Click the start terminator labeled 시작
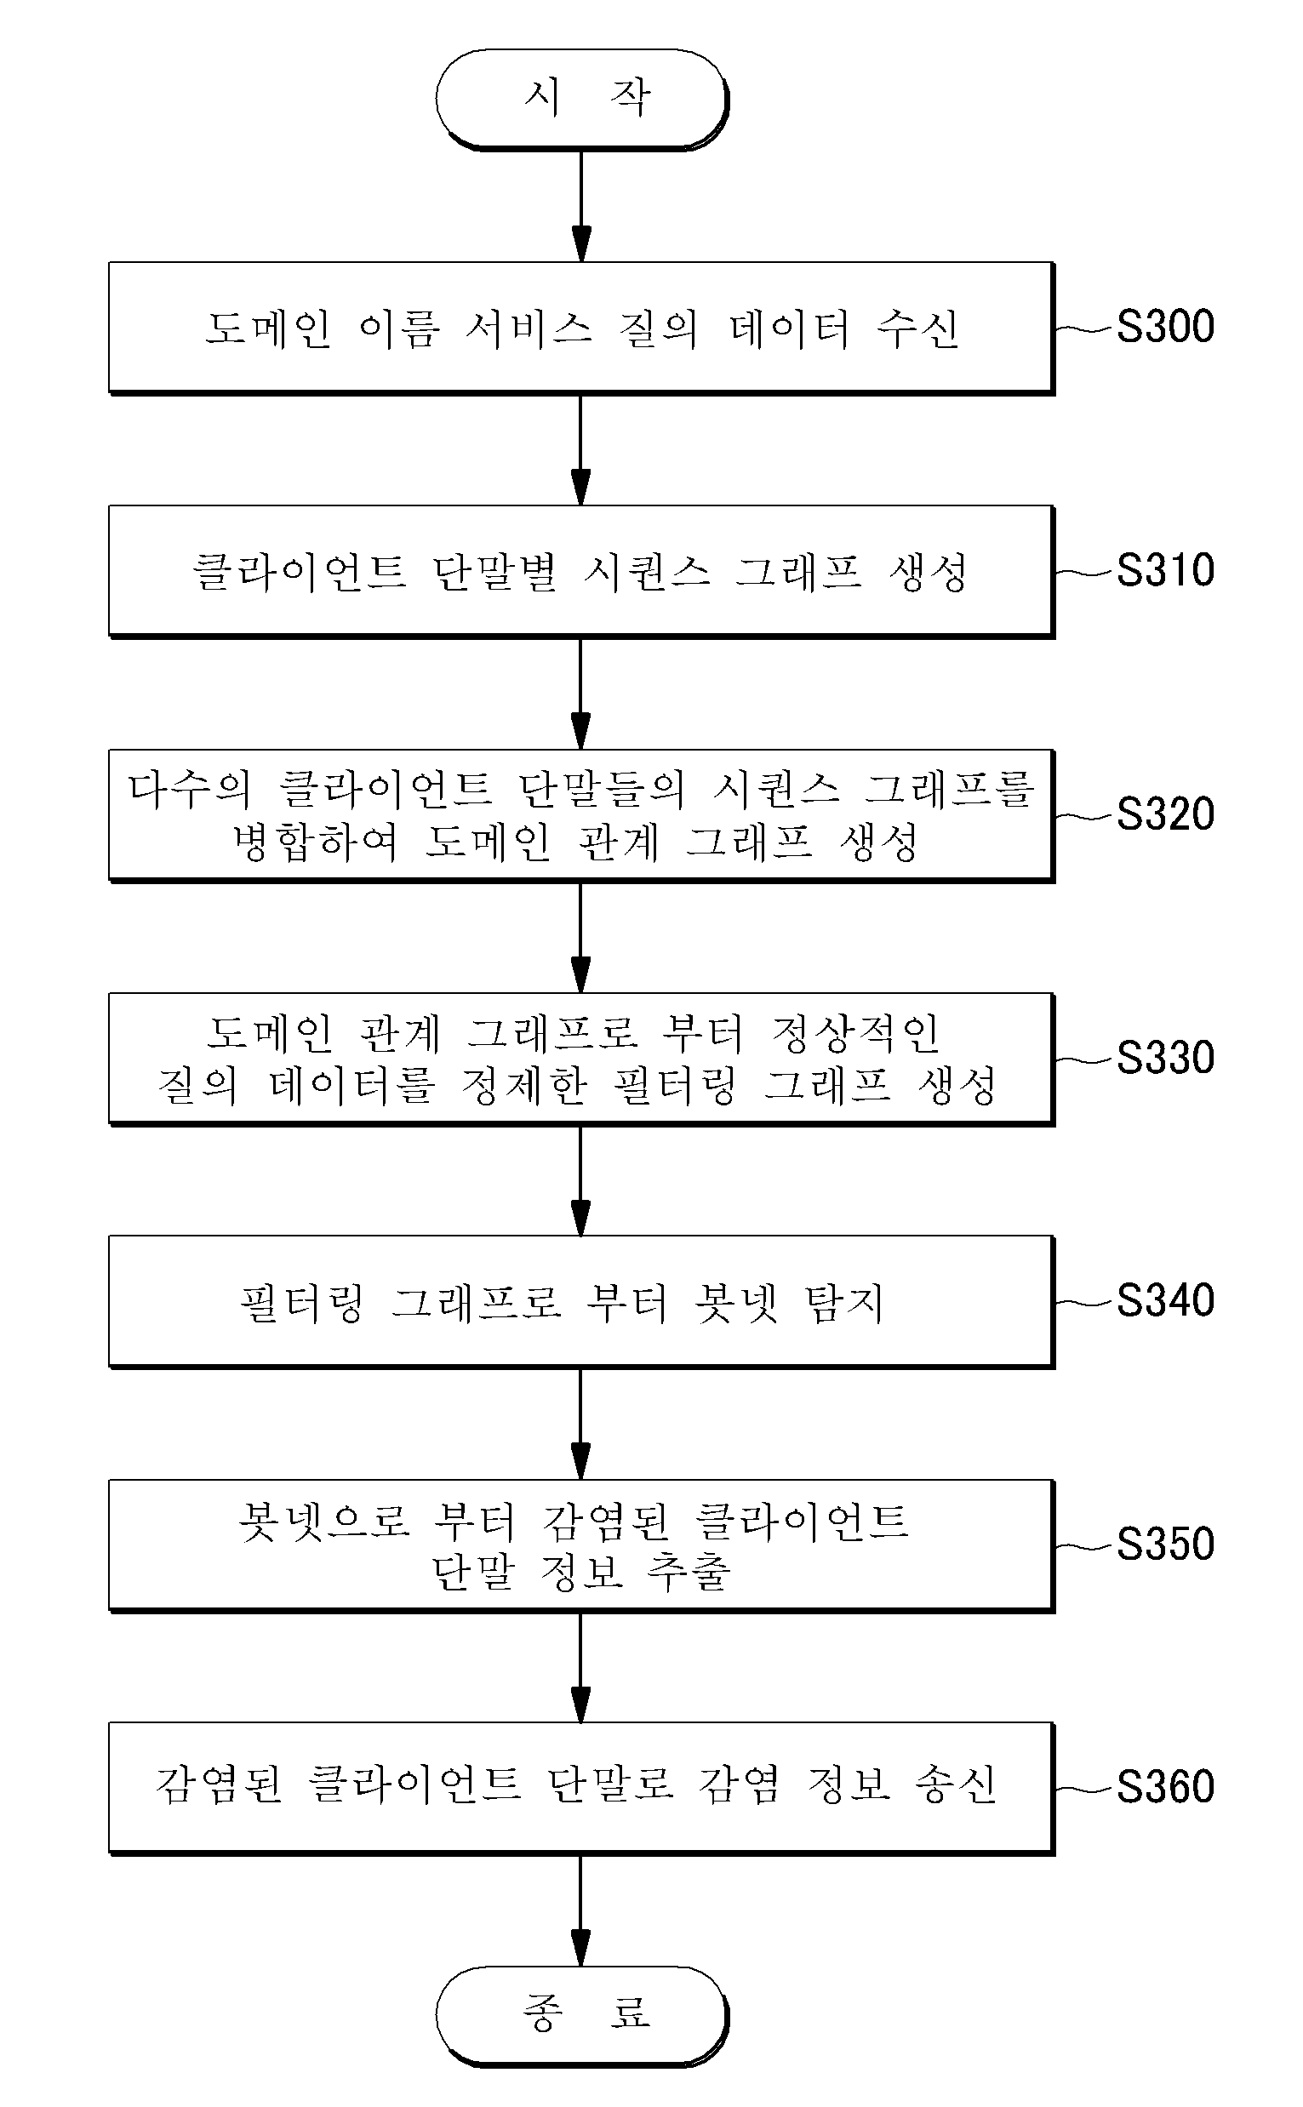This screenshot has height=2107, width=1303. [x=581, y=99]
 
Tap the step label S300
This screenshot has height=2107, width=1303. [x=1165, y=327]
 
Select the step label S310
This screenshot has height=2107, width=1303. [x=1165, y=570]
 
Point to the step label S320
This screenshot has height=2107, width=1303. [x=1165, y=814]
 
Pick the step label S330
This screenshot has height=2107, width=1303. [x=1165, y=1057]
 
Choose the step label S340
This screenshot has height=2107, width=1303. [x=1165, y=1300]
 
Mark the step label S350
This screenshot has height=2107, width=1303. [x=1165, y=1544]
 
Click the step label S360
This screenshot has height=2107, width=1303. [x=1165, y=1786]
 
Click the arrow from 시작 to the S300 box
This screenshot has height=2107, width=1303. [x=581, y=206]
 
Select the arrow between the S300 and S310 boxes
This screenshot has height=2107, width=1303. [x=581, y=449]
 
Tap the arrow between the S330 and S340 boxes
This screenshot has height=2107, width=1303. [x=581, y=1180]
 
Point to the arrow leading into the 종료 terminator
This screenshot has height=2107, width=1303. [x=581, y=1910]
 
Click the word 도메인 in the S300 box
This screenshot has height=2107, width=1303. [x=268, y=328]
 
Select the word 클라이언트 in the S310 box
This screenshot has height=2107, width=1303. [x=298, y=572]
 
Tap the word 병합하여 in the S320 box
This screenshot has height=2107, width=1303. [x=316, y=842]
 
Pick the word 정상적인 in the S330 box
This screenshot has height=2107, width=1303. [x=854, y=1033]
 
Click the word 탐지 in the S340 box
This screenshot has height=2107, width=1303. [x=843, y=1303]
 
